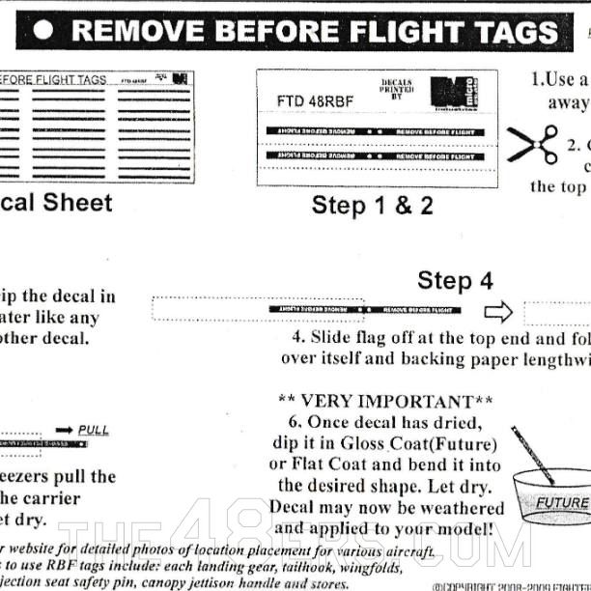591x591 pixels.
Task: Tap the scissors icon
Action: (x=533, y=144)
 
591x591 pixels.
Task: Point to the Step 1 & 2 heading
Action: (x=372, y=206)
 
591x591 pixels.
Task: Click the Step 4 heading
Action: (x=455, y=281)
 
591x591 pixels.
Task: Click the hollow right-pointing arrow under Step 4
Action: (x=498, y=311)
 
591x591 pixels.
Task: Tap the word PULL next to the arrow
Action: (x=94, y=430)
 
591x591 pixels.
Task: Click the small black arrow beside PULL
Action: (x=65, y=430)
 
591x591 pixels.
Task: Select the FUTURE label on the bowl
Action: (x=562, y=502)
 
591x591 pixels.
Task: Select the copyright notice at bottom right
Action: (x=511, y=585)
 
